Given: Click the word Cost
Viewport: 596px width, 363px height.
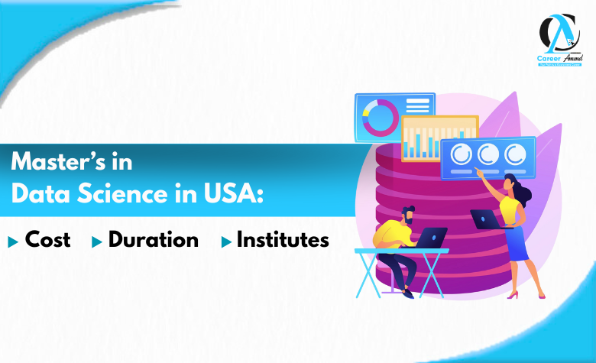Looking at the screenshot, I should (48, 240).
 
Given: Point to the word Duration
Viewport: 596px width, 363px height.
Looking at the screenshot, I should (154, 240).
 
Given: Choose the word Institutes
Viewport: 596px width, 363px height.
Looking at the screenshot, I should (283, 240).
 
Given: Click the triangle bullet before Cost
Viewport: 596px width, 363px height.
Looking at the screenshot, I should (13, 241).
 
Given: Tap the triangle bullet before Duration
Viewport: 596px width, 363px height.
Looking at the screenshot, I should (96, 241).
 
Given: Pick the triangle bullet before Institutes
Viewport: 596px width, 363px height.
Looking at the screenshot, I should (225, 241).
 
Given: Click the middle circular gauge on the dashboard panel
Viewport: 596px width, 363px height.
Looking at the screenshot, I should (487, 154).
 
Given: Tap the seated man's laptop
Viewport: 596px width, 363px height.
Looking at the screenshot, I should (433, 238).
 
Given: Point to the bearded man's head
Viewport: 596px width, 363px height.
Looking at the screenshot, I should (408, 216).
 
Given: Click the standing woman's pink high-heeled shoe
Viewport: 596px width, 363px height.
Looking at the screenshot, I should (513, 294).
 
